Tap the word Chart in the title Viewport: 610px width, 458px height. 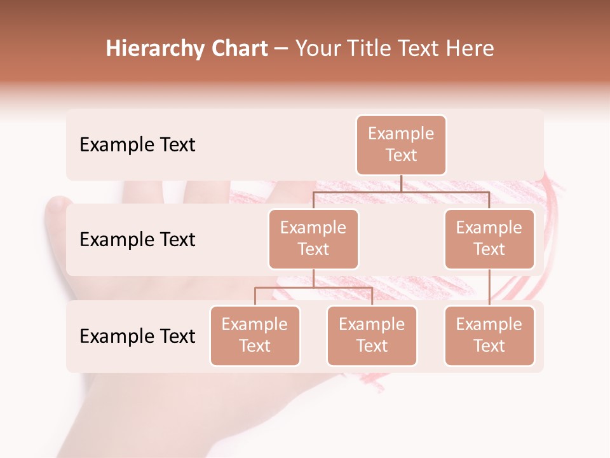click(237, 49)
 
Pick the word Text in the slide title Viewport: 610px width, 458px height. click(422, 49)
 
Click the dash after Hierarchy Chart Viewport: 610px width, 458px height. click(281, 50)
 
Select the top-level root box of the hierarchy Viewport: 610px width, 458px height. click(401, 144)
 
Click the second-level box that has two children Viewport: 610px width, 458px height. click(313, 239)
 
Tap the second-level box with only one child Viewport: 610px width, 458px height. click(489, 239)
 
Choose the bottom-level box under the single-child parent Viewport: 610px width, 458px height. click(489, 335)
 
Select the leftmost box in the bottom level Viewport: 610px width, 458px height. click(255, 335)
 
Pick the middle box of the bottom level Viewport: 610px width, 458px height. click(372, 335)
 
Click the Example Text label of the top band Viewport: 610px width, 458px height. click(137, 144)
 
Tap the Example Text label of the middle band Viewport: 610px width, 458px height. click(137, 239)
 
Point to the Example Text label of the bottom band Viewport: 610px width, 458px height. click(137, 336)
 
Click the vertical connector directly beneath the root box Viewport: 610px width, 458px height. click(401, 183)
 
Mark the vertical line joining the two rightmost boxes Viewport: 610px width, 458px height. click(489, 288)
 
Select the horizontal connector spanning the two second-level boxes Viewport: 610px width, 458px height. click(401, 191)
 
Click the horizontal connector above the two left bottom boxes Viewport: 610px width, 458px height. click(313, 288)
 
